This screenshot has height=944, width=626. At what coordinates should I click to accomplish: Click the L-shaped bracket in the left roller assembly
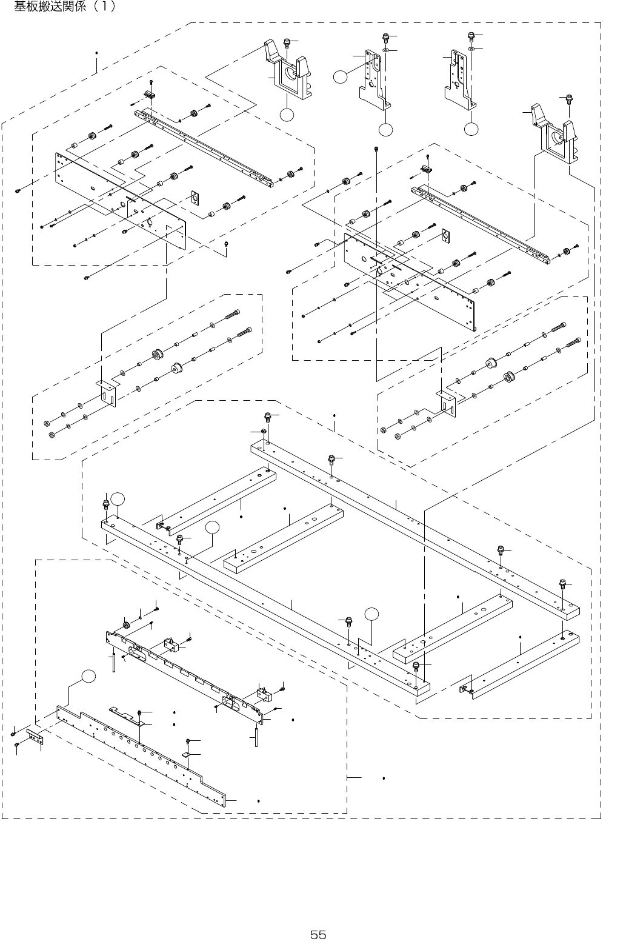tap(108, 393)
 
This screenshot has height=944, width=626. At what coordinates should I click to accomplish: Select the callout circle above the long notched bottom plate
tap(89, 677)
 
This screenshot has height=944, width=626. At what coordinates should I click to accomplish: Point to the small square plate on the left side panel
tap(195, 198)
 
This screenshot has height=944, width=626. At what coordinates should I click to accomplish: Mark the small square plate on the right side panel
tap(447, 236)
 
